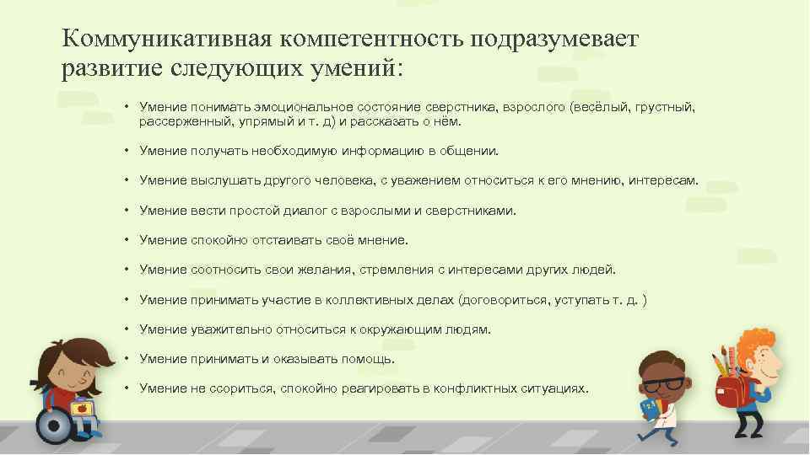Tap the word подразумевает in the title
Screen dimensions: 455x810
pyautogui.click(x=556, y=39)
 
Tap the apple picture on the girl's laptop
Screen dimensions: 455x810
pyautogui.click(x=82, y=409)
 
